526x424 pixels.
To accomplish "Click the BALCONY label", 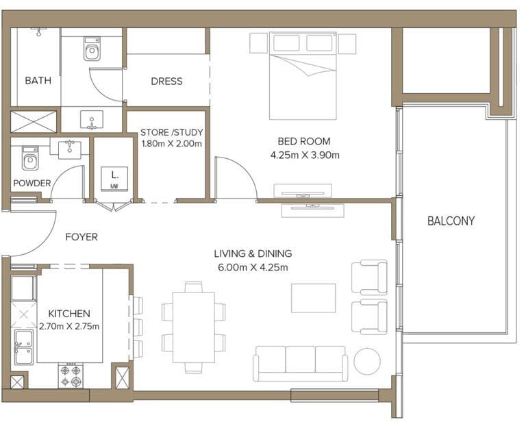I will click(451, 221).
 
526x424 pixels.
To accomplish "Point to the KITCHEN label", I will click(68, 314).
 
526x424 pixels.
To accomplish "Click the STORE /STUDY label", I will click(171, 132).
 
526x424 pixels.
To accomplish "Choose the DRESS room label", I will click(166, 81).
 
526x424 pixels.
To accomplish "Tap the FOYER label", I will click(82, 237).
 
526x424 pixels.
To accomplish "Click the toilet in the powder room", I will click(29, 159).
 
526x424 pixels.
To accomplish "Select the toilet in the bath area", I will click(92, 49).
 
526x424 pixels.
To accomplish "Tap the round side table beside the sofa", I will click(367, 362).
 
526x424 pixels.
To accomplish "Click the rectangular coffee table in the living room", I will click(313, 298).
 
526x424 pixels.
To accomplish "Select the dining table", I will click(193, 327).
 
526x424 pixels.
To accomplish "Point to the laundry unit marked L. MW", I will click(111, 179).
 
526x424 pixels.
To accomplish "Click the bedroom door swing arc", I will click(236, 177).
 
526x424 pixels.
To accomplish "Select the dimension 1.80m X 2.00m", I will click(171, 144).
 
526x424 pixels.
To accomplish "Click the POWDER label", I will click(32, 183).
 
